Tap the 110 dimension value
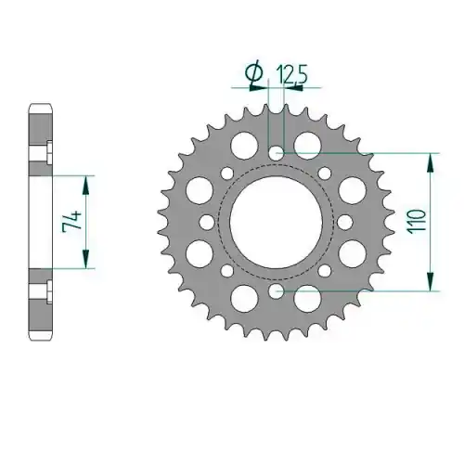pyautogui.click(x=417, y=222)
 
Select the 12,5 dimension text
pyautogui.click(x=291, y=75)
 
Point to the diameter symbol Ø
pyautogui.click(x=253, y=74)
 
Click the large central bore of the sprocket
pyautogui.click(x=277, y=222)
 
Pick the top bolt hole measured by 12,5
pyautogui.click(x=277, y=153)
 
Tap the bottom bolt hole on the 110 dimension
pyautogui.click(x=277, y=290)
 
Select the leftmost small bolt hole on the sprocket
pyautogui.click(x=207, y=222)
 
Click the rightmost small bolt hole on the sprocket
pyautogui.click(x=345, y=222)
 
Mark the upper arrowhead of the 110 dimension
pyautogui.click(x=430, y=162)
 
